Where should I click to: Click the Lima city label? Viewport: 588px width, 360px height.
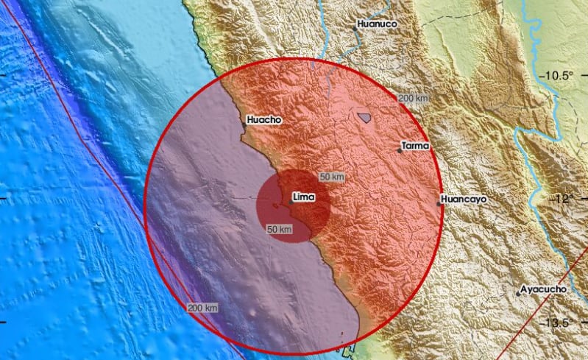point(304,197)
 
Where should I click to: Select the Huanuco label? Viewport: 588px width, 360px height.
point(376,24)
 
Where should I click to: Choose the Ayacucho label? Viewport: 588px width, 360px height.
point(544,289)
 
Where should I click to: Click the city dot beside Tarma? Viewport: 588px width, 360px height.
point(399,151)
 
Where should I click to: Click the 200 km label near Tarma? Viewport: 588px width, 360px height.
point(414,98)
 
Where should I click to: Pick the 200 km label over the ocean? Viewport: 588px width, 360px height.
point(202,307)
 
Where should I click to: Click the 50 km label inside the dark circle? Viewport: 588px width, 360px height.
point(280,230)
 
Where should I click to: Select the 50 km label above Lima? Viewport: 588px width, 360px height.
point(332,177)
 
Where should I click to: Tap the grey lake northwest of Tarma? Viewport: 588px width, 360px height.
point(364,116)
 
